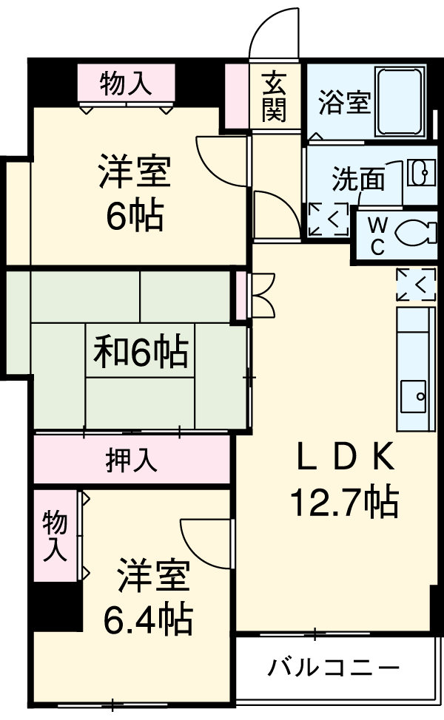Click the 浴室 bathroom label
tap(344, 103)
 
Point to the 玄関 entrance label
tap(273, 96)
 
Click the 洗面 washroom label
tap(357, 179)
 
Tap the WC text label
tap(377, 235)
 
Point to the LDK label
tap(343, 459)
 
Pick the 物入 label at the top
tap(126, 82)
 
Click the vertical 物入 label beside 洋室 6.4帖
tap(55, 536)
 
